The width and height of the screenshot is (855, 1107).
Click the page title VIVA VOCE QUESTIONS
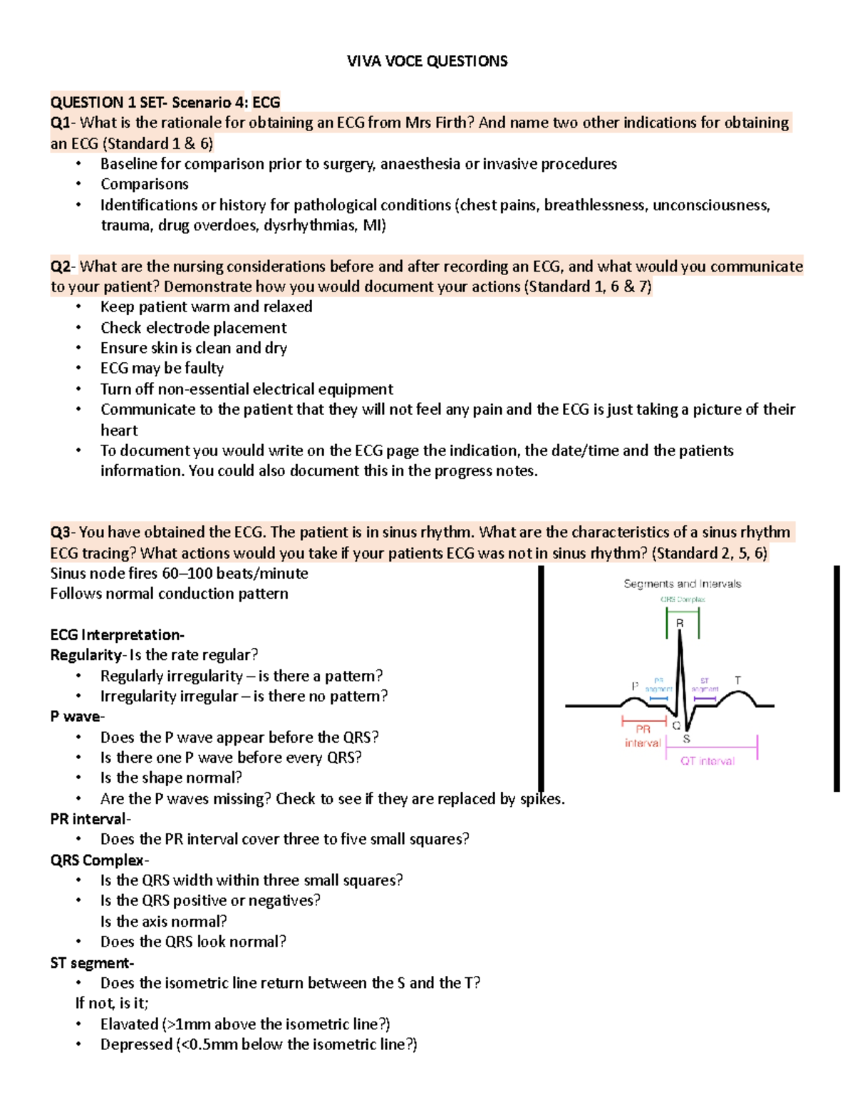427,61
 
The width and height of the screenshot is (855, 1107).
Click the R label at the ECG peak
680,623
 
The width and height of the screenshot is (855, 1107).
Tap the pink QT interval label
707,761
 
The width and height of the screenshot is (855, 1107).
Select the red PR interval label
643,736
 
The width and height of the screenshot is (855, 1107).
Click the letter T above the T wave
737,680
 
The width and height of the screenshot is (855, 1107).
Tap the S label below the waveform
686,738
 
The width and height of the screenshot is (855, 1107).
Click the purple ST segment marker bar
705,699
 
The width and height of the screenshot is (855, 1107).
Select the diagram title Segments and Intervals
682,584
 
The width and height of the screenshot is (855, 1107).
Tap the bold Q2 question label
61,267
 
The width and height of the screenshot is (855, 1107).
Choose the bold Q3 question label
61,532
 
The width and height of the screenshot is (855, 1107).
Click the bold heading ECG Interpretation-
117,635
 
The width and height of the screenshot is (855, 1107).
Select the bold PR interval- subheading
90,819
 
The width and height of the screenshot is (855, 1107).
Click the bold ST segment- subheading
91,963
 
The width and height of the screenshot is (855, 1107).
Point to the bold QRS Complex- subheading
99,860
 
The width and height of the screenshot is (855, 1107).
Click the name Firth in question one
450,123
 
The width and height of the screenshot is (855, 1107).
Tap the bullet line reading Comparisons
144,184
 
